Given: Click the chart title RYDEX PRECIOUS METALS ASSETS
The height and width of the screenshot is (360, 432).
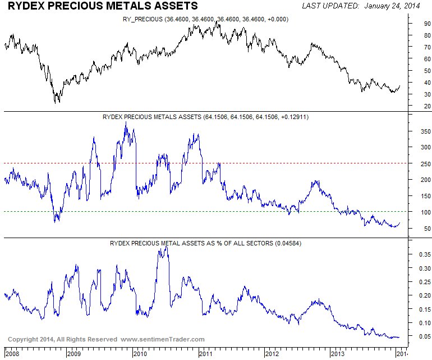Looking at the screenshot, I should [x=103, y=6].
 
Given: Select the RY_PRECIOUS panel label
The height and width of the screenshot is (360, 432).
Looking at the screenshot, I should [x=144, y=19].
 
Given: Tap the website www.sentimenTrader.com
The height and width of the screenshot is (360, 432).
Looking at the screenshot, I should [x=163, y=339].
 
